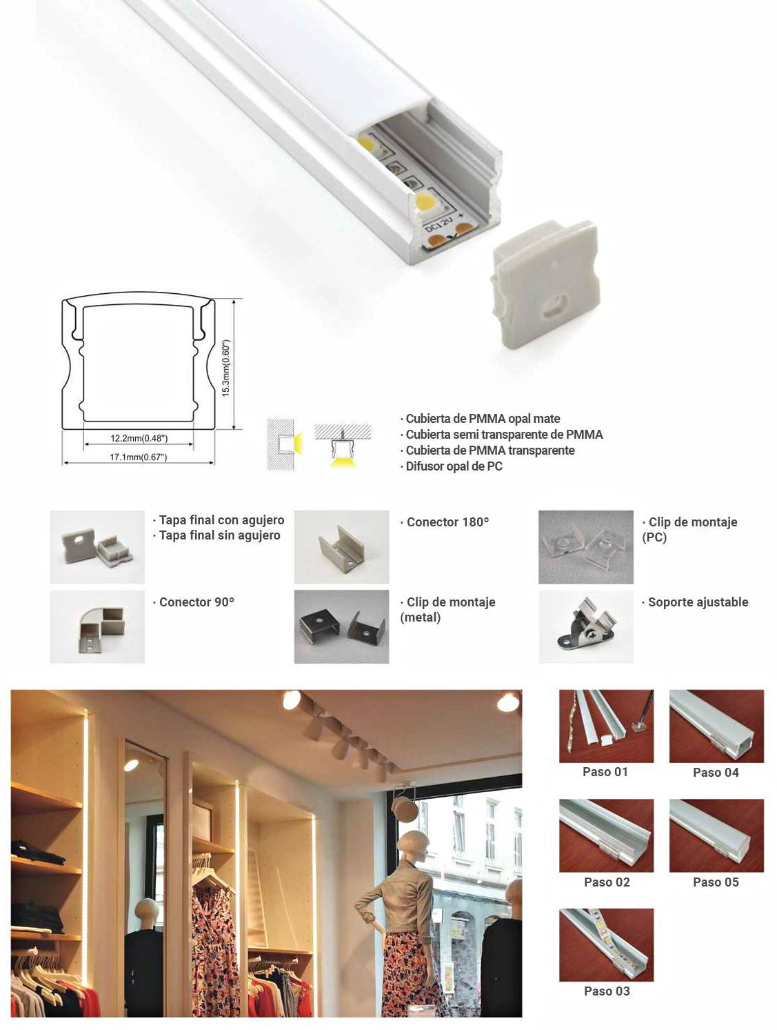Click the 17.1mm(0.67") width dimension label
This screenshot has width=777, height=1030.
point(139,457)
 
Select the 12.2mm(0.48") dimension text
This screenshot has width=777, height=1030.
point(139,438)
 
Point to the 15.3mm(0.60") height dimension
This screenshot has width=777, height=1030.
point(225,368)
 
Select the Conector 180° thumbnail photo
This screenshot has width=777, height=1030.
point(341,547)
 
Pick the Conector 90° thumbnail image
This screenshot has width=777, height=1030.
point(97,626)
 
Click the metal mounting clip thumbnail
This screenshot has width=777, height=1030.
point(341,626)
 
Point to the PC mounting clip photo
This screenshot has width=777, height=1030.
point(585,547)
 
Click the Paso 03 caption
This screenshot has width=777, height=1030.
point(607,991)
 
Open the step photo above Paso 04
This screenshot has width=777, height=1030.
point(716,726)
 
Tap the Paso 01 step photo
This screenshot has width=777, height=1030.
point(606,726)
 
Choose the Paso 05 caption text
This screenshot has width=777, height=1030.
point(716,882)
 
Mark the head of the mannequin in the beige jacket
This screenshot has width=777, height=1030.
point(412,844)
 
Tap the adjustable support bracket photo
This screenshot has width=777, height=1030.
point(585,626)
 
